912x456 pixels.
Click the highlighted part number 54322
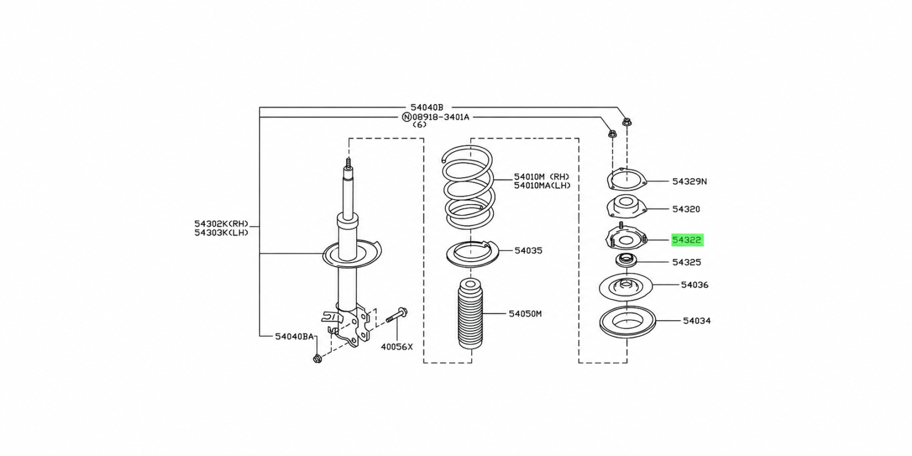pos(687,240)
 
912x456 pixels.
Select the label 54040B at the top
pos(426,108)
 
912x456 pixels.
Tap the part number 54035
pos(528,251)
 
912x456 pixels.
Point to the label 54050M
pos(525,313)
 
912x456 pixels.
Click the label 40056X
pos(397,347)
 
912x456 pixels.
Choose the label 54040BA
pos(294,336)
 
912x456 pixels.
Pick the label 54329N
pos(689,182)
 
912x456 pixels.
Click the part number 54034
pos(697,321)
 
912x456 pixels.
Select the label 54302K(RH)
pos(221,223)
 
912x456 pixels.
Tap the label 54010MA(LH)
pos(542,186)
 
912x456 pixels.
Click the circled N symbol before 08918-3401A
pos(406,117)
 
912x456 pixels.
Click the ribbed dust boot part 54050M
pos(470,313)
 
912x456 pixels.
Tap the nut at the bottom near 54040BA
pos(317,359)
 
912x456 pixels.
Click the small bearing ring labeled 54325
pos(625,260)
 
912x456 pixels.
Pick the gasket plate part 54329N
pos(626,180)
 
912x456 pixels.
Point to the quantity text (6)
pos(420,125)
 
